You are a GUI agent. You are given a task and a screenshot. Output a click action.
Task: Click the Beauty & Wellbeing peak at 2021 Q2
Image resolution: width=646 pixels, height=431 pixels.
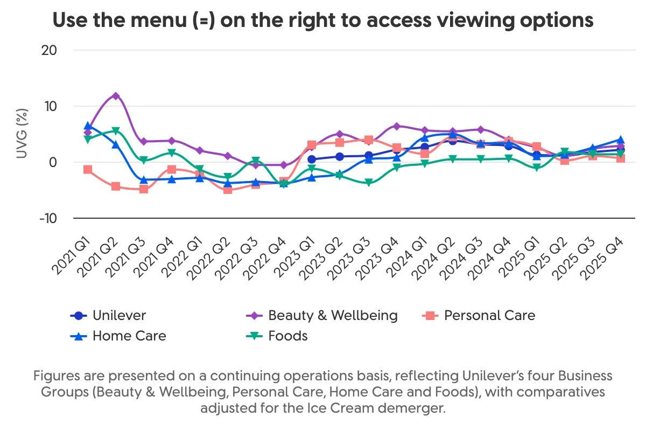(115, 96)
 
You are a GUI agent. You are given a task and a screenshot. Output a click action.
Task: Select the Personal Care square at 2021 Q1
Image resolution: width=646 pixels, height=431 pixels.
(88, 170)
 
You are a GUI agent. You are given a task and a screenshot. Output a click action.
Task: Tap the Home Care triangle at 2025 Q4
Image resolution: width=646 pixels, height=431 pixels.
(620, 140)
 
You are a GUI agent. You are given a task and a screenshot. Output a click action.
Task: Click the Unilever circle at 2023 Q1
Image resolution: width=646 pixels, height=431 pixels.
(312, 159)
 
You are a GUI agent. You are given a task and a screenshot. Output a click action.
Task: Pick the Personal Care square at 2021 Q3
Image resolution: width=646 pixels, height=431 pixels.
(143, 189)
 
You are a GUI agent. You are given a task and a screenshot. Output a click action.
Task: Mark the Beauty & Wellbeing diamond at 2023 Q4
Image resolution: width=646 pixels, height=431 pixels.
(396, 126)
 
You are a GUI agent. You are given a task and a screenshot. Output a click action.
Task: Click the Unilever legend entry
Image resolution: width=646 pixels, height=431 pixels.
(118, 316)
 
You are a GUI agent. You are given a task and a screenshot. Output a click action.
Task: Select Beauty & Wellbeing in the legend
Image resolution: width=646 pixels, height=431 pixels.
(332, 316)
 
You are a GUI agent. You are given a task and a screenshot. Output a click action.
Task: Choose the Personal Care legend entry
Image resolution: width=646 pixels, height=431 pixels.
(489, 316)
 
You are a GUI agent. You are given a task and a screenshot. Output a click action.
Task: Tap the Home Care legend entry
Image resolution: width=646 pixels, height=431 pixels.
(129, 336)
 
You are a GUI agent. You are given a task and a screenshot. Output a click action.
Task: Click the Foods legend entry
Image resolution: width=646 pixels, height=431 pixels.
(287, 336)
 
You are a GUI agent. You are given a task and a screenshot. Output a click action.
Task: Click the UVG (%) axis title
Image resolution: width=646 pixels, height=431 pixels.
(22, 134)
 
